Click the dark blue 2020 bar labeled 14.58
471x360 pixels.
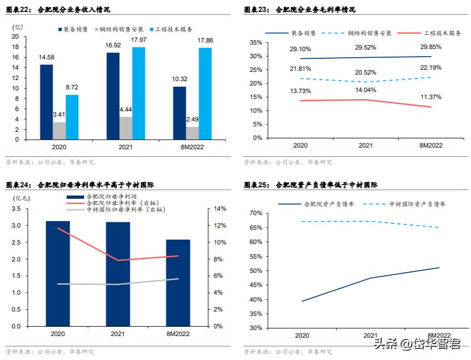coord(46,102)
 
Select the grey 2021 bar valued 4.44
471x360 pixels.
coord(125,128)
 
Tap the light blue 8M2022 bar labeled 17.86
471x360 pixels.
coord(205,94)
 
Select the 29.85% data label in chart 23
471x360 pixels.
coord(430,46)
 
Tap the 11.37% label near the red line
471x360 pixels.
coord(430,97)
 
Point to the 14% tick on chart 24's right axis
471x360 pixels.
coord(219,209)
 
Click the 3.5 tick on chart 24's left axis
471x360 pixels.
coord(16,209)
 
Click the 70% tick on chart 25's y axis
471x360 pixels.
coord(256,213)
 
